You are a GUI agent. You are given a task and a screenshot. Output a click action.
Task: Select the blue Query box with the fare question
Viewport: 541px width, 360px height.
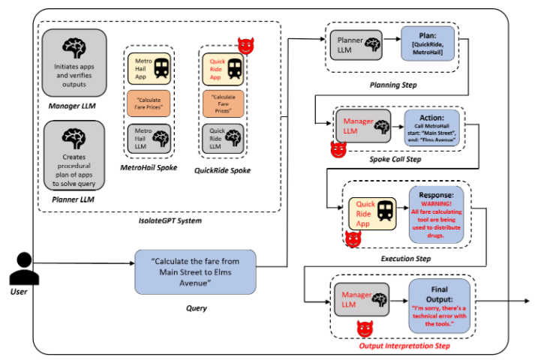tap(195, 271)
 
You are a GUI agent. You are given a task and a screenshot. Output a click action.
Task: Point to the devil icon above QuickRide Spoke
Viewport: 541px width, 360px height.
tap(245, 46)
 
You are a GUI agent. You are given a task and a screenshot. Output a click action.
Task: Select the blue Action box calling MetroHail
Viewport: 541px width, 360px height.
tap(433, 128)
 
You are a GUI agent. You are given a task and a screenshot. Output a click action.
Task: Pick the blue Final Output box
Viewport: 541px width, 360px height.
tap(439, 303)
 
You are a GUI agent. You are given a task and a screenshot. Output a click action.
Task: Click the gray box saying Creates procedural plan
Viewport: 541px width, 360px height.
tap(74, 149)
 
